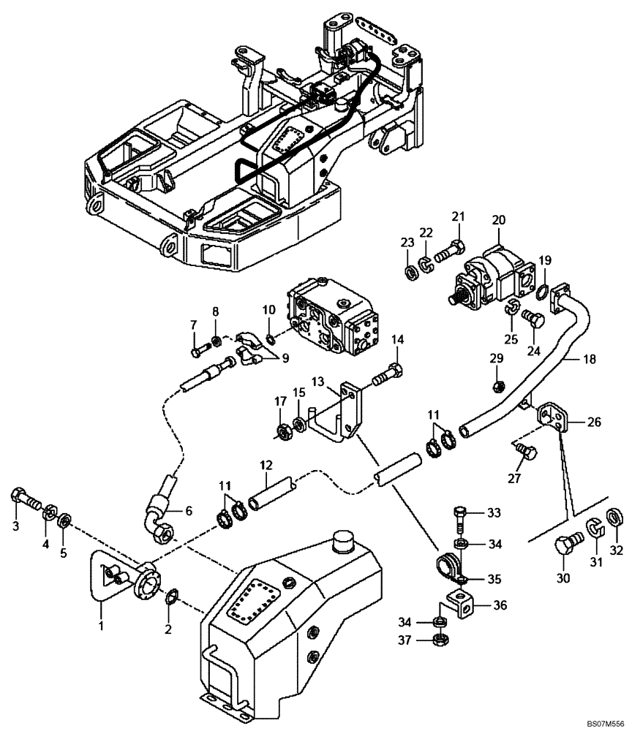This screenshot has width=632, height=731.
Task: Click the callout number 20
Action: [x=498, y=220]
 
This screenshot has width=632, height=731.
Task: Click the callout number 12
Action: [x=265, y=465]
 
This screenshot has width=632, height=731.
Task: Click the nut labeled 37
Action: [x=441, y=640]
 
